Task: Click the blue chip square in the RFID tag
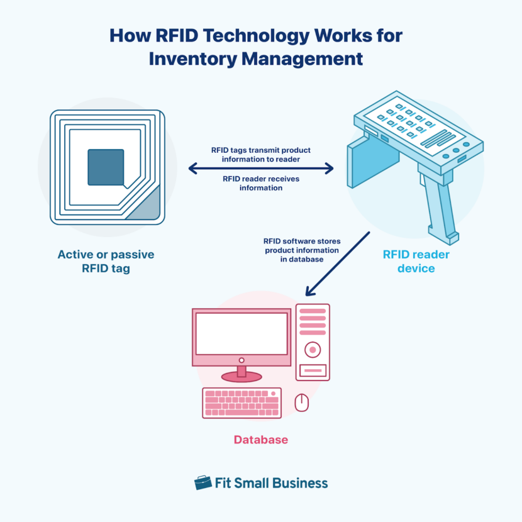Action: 106,167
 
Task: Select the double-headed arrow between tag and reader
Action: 261,168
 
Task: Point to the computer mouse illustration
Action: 302,403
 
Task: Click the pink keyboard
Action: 242,403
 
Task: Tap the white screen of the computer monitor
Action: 242,334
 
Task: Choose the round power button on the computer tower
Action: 313,349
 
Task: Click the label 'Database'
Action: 261,440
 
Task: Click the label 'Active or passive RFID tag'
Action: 106,262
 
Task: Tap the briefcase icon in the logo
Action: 203,482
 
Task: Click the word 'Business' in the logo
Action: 299,483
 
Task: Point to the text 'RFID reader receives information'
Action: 261,183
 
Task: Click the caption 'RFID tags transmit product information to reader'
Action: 261,155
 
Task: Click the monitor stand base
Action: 242,377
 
